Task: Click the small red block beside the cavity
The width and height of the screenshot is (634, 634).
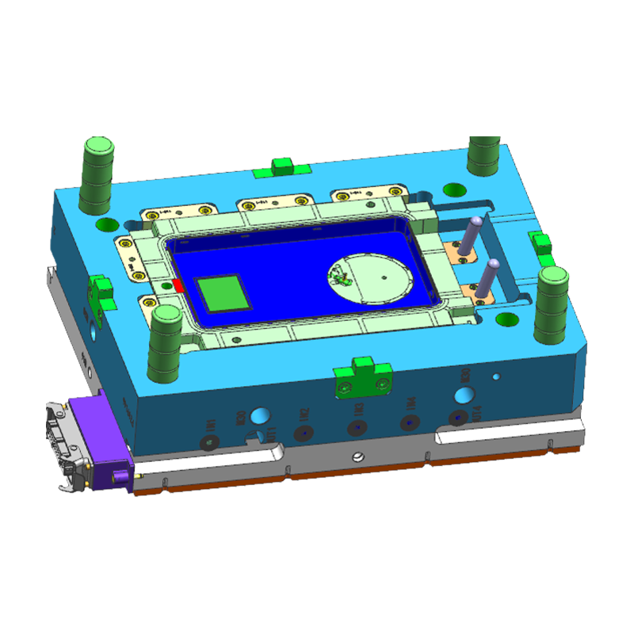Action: [178, 285]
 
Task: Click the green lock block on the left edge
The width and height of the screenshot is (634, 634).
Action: [100, 289]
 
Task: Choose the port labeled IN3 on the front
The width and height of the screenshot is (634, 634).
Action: [357, 427]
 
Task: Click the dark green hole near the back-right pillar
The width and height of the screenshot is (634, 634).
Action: [453, 189]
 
